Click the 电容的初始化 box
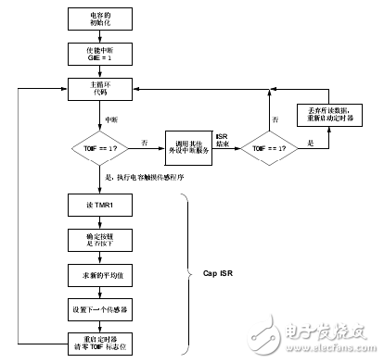[98, 19]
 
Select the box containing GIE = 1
[98, 54]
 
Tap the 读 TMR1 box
[98, 206]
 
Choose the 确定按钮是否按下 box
[98, 240]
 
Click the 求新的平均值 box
[98, 275]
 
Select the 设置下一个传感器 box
[98, 309]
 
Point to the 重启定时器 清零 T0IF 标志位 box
[98, 344]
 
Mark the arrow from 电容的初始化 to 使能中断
[98, 36]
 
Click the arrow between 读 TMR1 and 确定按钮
[98, 222]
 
